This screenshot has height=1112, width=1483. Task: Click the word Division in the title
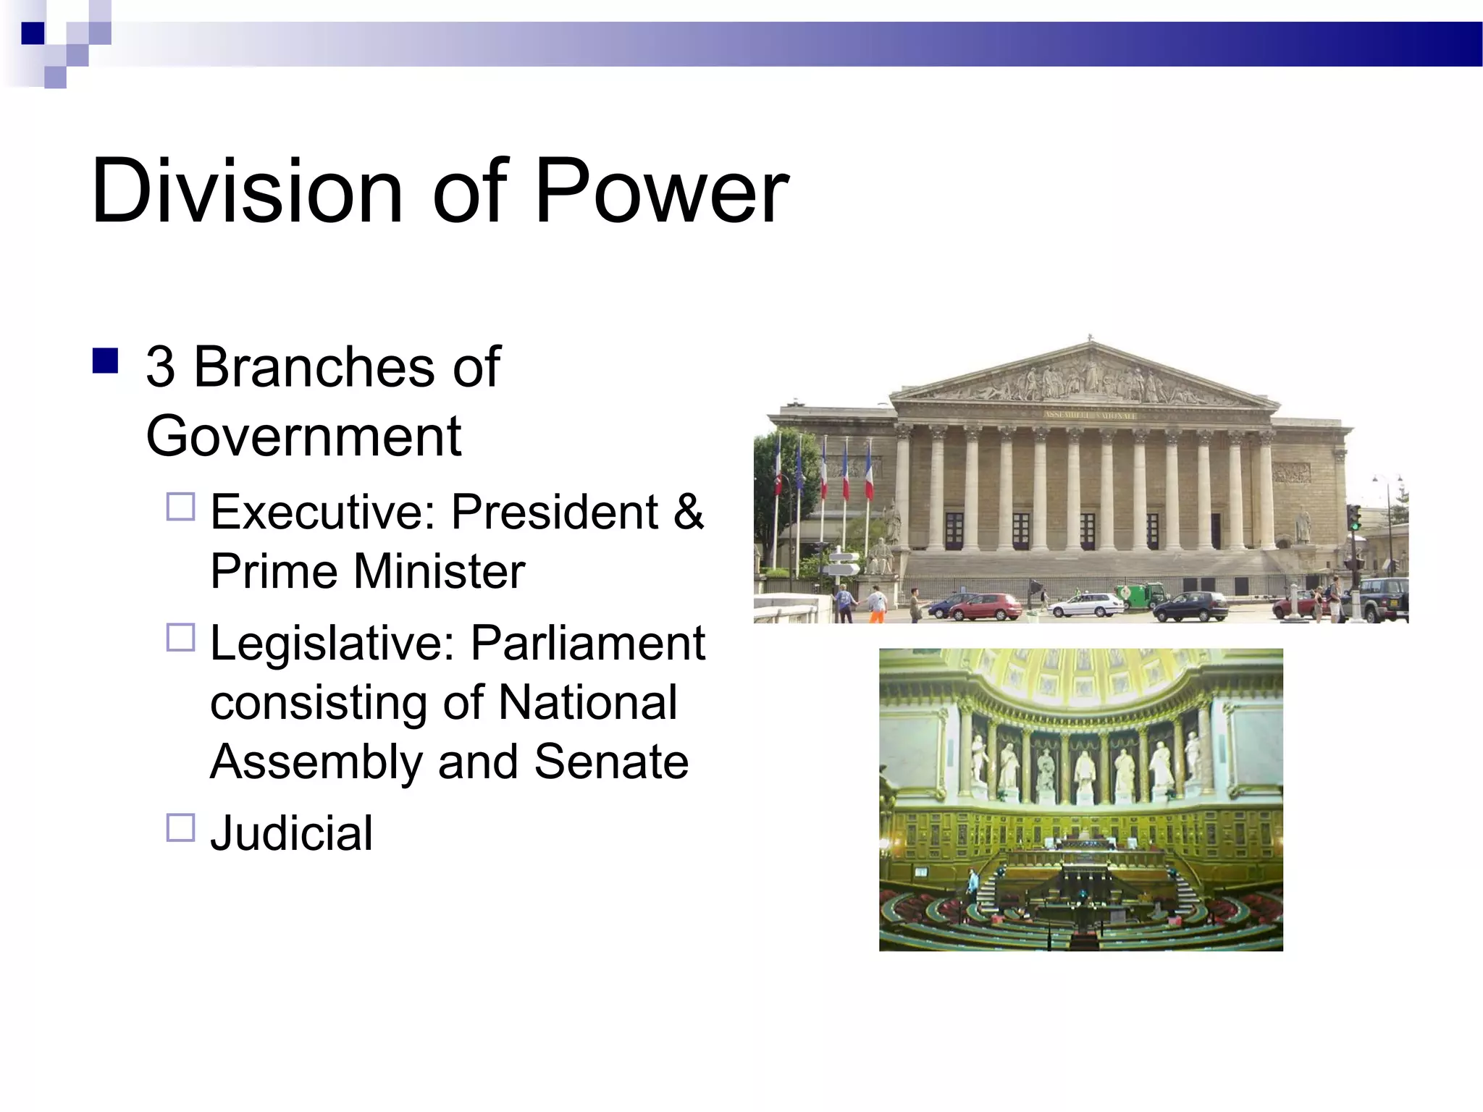[x=246, y=191]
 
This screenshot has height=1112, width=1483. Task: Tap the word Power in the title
[x=660, y=191]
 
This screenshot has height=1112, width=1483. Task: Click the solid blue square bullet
[x=106, y=360]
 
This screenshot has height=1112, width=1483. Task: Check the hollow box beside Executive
[x=181, y=507]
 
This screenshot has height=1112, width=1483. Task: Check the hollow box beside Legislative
[x=181, y=638]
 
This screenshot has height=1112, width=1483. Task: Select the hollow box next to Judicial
[x=181, y=827]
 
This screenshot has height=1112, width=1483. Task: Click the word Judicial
[x=291, y=833]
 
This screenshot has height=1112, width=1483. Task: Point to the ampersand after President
[x=688, y=512]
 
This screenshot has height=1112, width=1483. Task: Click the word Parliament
[x=587, y=643]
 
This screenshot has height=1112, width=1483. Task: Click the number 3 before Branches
[x=160, y=366]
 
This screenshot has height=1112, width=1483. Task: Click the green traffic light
[x=1353, y=518]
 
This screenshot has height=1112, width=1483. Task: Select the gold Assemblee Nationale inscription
[x=1090, y=415]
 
